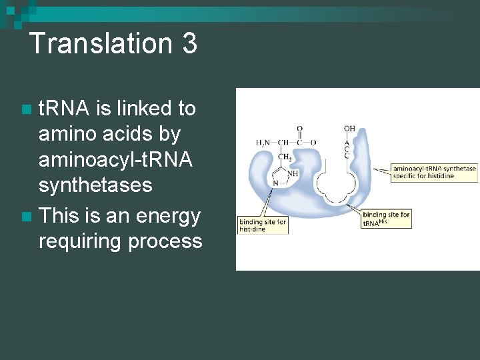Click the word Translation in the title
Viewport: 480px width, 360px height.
coord(99,44)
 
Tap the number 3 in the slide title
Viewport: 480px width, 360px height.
coord(189,44)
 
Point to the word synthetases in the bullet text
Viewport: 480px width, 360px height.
coord(95,185)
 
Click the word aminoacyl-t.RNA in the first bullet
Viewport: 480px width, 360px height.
coord(115,159)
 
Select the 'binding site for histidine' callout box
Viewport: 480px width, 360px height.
coord(263,225)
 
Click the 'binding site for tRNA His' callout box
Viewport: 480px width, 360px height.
coord(386,219)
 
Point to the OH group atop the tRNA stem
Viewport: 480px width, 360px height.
coord(350,128)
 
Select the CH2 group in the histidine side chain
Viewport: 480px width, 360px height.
coord(285,157)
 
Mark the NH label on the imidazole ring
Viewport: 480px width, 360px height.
coord(292,173)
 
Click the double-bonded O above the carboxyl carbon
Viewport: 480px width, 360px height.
coord(299,129)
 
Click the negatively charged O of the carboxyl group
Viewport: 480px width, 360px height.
coord(313,142)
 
